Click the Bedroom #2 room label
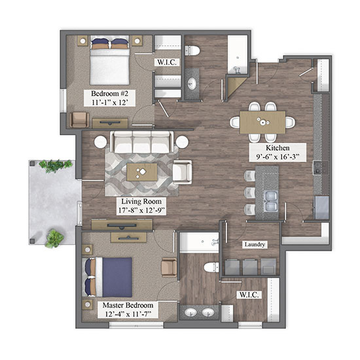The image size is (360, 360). point(109,94)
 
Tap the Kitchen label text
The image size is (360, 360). point(278,148)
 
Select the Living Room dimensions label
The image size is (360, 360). point(141,210)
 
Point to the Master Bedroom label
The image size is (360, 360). point(128,305)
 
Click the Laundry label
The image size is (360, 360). point(255,244)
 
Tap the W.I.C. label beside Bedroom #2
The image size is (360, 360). point(167,62)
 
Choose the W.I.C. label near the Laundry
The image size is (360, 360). point(249,295)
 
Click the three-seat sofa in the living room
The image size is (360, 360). point(141,142)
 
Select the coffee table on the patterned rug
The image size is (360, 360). point(142,172)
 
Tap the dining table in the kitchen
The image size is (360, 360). point(262,122)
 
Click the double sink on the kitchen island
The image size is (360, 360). point(271,201)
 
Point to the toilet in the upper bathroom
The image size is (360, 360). point(192,51)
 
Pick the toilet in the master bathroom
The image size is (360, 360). point(211,268)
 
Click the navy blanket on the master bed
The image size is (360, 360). point(117,277)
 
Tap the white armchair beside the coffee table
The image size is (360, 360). point(183,172)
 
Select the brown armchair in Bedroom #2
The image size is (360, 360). point(79,120)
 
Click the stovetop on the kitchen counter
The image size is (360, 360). point(321,168)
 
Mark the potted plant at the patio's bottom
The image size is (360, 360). point(54,239)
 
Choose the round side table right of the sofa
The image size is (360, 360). point(182,142)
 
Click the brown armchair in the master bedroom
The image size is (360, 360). point(169,267)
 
